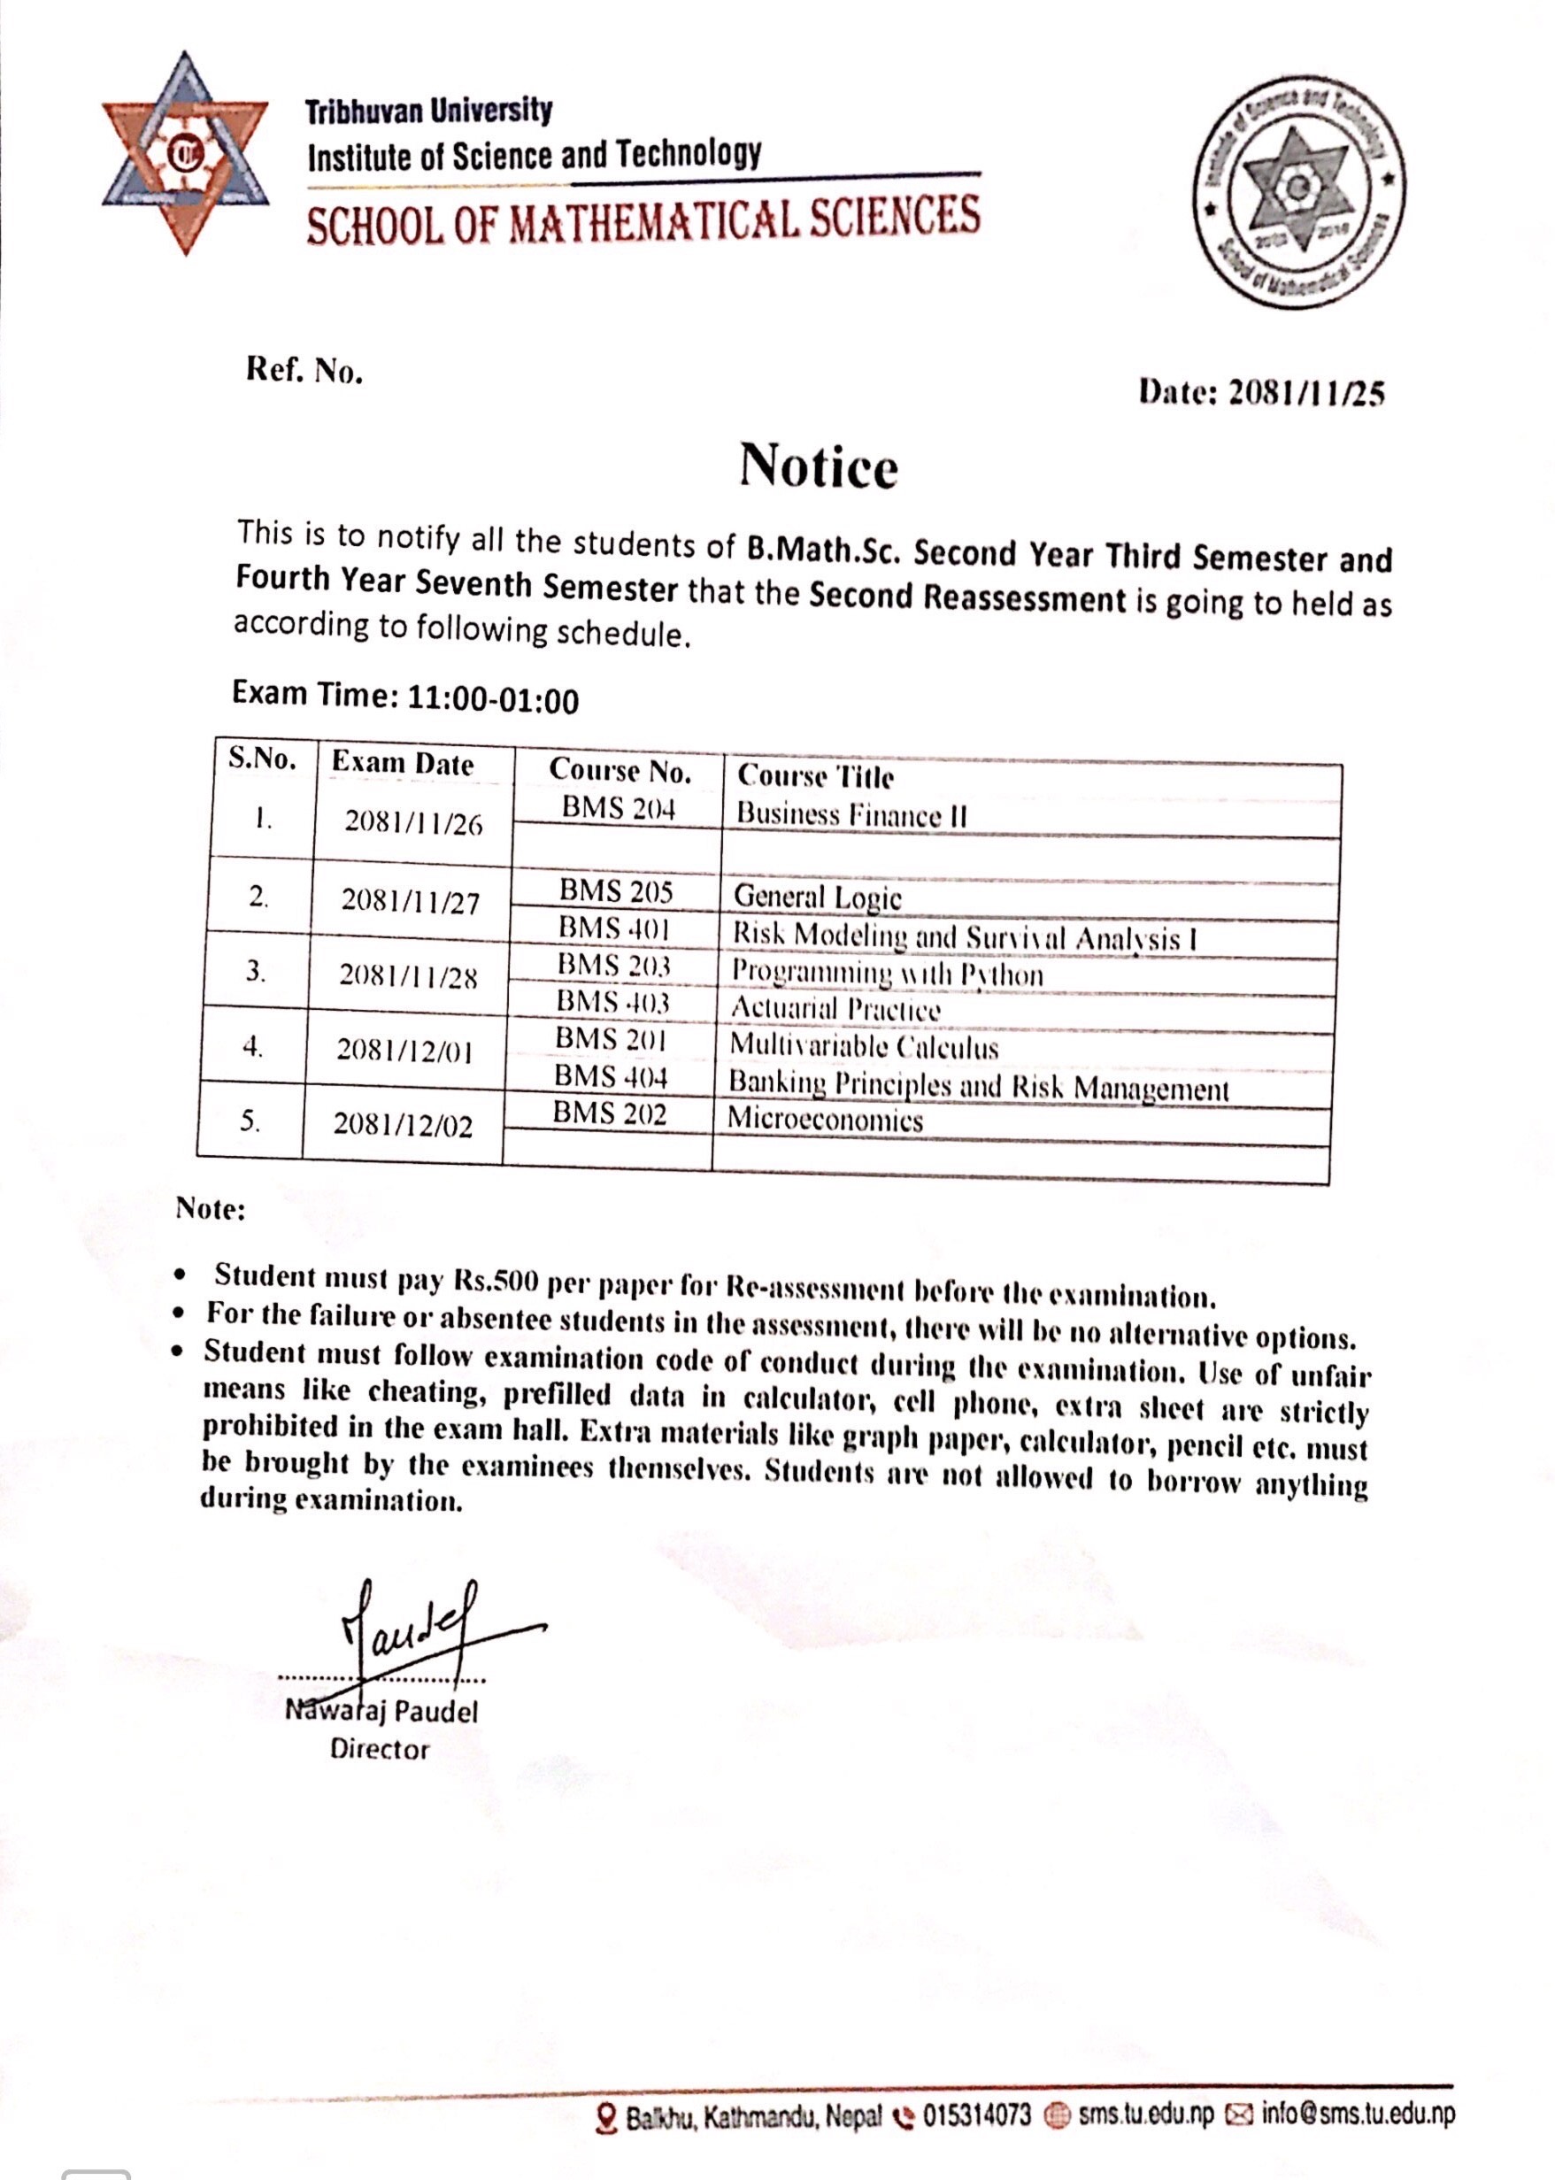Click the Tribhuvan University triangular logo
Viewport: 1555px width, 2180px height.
[185, 153]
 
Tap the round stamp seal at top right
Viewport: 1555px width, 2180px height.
[1297, 190]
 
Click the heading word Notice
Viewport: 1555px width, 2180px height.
[818, 467]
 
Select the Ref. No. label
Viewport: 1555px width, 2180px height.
[304, 371]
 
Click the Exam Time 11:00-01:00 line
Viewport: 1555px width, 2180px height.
[405, 697]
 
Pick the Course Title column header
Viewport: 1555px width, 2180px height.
[815, 775]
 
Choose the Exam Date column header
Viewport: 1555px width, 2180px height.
[402, 764]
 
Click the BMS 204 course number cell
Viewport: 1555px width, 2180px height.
[619, 809]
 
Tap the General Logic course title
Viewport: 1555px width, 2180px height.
[817, 897]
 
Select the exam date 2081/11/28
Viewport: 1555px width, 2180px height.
[408, 976]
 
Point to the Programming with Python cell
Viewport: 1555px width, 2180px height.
[887, 974]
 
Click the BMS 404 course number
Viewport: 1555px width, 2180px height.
[610, 1077]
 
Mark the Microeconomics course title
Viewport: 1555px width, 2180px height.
[825, 1121]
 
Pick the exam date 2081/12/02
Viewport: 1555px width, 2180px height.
[403, 1126]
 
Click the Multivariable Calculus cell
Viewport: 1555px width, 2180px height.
[864, 1046]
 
